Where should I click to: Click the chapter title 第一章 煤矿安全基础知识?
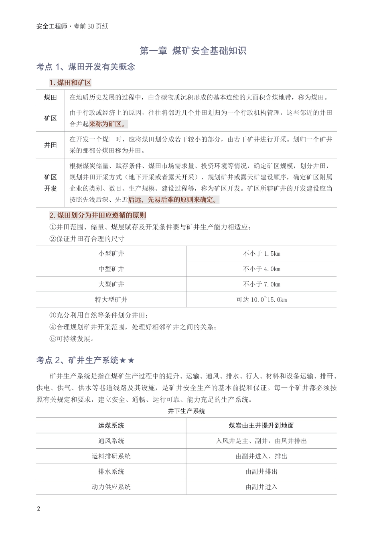tap(193, 51)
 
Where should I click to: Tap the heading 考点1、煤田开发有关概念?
tap(85, 67)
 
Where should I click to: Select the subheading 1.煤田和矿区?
tap(70, 83)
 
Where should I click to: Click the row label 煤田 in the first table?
tap(50, 97)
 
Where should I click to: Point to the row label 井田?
tap(50, 145)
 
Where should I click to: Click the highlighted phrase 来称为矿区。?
tap(107, 124)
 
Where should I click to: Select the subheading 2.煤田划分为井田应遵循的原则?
tap(97, 215)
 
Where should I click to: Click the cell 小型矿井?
tap(111, 254)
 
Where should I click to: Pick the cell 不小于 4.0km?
tap(261, 269)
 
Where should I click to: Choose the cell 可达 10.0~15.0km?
tap(261, 300)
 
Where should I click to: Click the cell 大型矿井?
tap(111, 284)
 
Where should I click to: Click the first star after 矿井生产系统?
tap(123, 360)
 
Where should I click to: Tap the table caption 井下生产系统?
tap(186, 411)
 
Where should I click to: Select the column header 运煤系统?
tap(111, 425)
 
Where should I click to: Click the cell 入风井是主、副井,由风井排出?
tap(261, 441)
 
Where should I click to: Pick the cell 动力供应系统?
tap(111, 487)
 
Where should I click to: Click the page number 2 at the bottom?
tap(39, 509)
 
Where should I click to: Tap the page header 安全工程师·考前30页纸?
tap(72, 26)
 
